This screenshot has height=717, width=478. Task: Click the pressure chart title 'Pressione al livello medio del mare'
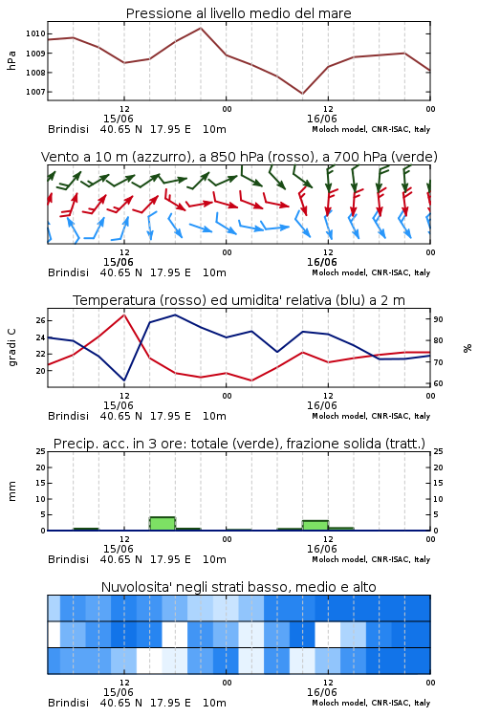pyautogui.click(x=238, y=13)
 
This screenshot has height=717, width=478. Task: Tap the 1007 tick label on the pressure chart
pyautogui.click(x=35, y=92)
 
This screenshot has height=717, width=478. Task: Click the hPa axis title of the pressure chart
pyautogui.click(x=11, y=60)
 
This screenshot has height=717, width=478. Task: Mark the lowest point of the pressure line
pyautogui.click(x=302, y=94)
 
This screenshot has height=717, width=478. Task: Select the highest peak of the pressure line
pyautogui.click(x=201, y=28)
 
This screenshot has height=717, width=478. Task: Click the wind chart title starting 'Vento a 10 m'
pyautogui.click(x=239, y=157)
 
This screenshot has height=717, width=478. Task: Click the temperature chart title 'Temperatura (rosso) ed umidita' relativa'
pyautogui.click(x=239, y=300)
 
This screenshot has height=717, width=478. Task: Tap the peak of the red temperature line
pyautogui.click(x=124, y=315)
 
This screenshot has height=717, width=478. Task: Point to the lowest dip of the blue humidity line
pyautogui.click(x=124, y=380)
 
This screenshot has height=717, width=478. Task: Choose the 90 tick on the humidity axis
pyautogui.click(x=438, y=319)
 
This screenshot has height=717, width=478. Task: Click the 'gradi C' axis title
pyautogui.click(x=11, y=348)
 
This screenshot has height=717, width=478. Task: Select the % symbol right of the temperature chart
pyautogui.click(x=467, y=348)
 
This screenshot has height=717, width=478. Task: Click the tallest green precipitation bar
pyautogui.click(x=163, y=523)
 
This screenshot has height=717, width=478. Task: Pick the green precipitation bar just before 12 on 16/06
pyautogui.click(x=315, y=526)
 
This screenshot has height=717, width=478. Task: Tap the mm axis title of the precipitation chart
pyautogui.click(x=11, y=491)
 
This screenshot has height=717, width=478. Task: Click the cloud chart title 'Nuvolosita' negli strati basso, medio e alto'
pyautogui.click(x=239, y=587)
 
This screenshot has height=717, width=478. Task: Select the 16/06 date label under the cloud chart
pyautogui.click(x=322, y=692)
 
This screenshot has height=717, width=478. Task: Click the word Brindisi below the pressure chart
pyautogui.click(x=68, y=129)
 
